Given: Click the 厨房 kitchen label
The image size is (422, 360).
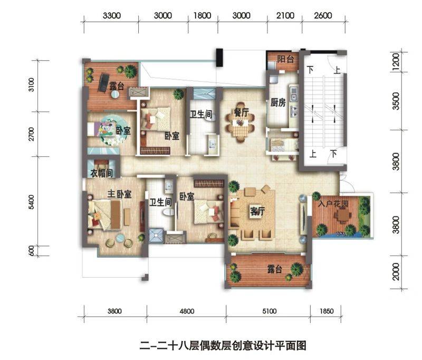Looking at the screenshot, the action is [x=278, y=103].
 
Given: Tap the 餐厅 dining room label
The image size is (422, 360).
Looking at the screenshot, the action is [x=242, y=112].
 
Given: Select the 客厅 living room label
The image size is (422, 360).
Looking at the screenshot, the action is [x=257, y=211].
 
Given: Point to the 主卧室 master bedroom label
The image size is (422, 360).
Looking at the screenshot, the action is [x=119, y=194].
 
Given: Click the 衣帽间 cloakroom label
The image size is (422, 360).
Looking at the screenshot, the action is [x=101, y=173].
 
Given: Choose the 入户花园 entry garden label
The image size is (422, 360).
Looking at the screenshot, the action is [x=333, y=203].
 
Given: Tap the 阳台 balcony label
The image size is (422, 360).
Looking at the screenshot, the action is [x=285, y=59].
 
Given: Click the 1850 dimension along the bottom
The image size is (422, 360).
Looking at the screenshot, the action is [x=327, y=311].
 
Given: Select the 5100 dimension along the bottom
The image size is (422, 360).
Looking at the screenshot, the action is [x=269, y=311].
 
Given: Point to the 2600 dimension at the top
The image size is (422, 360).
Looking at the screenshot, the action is [x=323, y=16].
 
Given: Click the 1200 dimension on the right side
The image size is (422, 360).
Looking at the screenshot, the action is [x=396, y=61].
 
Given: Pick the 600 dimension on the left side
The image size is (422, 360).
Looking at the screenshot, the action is [x=31, y=251].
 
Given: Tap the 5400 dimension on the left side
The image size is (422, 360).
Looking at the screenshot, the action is [x=31, y=202].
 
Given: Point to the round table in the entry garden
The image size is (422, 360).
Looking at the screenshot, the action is [x=342, y=215].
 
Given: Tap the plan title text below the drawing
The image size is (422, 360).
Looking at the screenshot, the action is [x=223, y=345].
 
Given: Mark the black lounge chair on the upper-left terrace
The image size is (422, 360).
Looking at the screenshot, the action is [x=103, y=83].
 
